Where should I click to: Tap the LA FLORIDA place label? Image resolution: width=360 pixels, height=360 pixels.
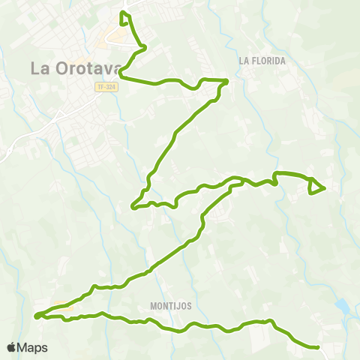(263, 61)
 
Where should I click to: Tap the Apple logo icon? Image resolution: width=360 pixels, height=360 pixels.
(11, 348)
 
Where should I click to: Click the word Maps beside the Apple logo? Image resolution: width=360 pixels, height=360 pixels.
(32, 348)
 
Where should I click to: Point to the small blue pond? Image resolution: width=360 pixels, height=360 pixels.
(342, 306)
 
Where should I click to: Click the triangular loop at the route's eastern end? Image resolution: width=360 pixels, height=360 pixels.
(316, 186)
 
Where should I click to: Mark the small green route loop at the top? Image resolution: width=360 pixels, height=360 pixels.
(124, 16)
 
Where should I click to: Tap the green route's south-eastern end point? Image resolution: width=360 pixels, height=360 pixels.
(319, 347)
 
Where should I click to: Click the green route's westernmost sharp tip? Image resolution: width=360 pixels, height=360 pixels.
(36, 316)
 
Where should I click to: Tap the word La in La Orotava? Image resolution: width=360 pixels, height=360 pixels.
(40, 67)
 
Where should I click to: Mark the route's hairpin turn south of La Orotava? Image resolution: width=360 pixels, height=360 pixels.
(133, 206)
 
